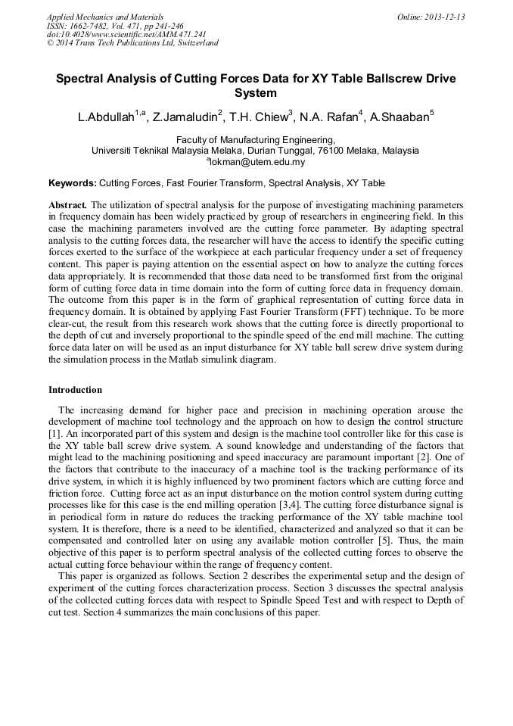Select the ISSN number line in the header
tap(115, 25)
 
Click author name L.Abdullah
tap(106, 117)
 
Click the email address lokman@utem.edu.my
tap(257, 162)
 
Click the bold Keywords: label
tap(73, 183)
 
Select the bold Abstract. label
tap(67, 205)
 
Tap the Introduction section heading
tap(75, 390)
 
